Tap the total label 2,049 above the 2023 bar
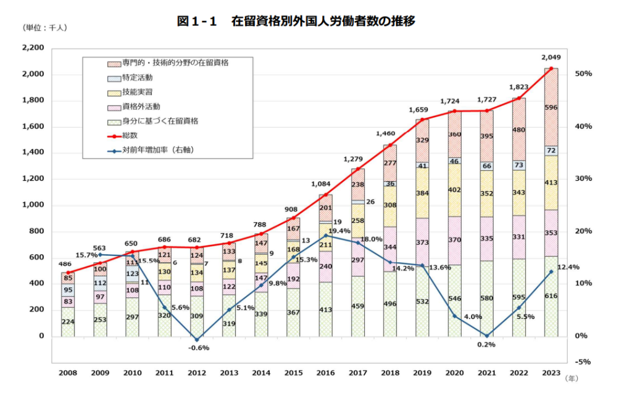point(551,58)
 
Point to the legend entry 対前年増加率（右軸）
point(155,150)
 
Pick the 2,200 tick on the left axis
point(33,48)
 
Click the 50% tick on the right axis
point(583,74)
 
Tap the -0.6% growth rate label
point(198,348)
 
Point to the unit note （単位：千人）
point(44,28)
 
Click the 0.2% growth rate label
point(486,344)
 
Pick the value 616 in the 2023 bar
point(551,296)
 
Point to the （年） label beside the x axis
point(573,381)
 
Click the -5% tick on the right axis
point(583,362)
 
